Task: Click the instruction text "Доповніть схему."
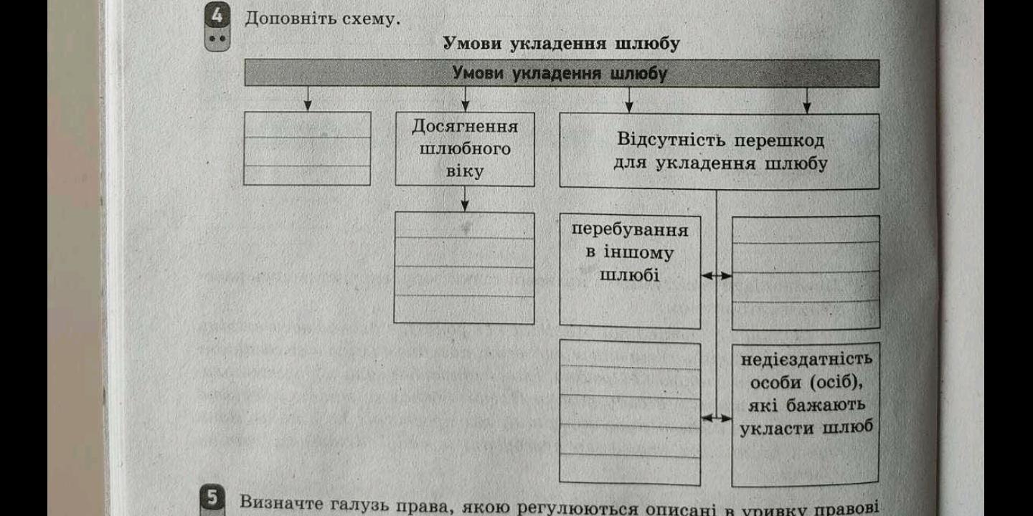(x=322, y=19)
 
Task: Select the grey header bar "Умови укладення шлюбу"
(x=561, y=74)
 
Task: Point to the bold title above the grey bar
(x=561, y=44)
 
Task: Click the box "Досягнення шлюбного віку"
(x=465, y=149)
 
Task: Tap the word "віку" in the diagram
(x=464, y=172)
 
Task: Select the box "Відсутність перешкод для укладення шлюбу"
(x=720, y=151)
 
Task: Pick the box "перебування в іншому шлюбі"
(x=630, y=272)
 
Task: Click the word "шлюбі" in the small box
(x=629, y=276)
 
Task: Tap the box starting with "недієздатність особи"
(x=806, y=415)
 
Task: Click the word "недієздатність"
(x=806, y=358)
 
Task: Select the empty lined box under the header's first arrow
(x=307, y=148)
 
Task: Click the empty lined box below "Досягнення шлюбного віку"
(x=464, y=267)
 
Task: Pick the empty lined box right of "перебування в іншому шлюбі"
(x=806, y=272)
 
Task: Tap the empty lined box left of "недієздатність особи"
(x=630, y=413)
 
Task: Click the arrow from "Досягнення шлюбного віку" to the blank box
(x=465, y=199)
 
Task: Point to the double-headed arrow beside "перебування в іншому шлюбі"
(x=716, y=276)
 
